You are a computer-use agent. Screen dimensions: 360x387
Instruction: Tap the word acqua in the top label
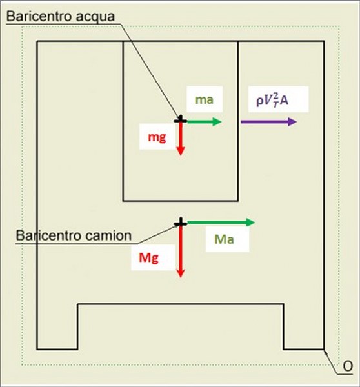(95, 17)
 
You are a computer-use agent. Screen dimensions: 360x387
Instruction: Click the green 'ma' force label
(205, 100)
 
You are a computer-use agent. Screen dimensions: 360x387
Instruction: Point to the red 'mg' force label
(157, 137)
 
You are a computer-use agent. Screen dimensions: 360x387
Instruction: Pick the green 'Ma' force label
(225, 239)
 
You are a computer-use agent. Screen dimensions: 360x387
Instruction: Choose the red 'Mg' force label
(148, 258)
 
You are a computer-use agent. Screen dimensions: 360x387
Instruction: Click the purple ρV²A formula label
(272, 100)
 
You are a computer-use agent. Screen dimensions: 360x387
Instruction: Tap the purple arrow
(268, 122)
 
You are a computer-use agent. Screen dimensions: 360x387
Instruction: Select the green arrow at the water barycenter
(205, 121)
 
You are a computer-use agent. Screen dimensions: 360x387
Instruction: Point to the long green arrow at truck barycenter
(221, 223)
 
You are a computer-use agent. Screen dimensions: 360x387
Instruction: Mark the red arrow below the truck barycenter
(181, 250)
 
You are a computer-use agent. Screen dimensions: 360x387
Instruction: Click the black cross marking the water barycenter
(181, 120)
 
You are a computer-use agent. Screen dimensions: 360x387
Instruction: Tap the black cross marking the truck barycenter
(181, 223)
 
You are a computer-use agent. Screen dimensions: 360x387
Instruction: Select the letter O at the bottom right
(348, 366)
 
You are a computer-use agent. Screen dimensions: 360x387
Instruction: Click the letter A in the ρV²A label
(285, 101)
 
